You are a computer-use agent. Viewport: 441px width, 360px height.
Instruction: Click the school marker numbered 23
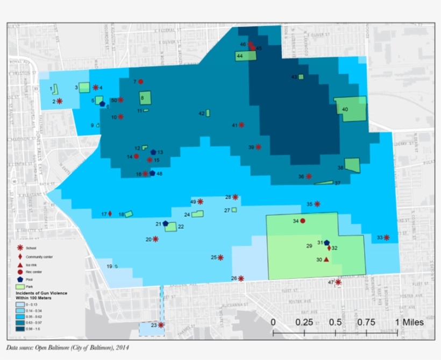(161, 325)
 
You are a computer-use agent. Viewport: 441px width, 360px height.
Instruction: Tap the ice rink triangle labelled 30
(326, 259)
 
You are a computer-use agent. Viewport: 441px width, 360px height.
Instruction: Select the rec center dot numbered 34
(303, 221)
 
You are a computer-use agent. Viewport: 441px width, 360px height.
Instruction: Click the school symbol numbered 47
(338, 282)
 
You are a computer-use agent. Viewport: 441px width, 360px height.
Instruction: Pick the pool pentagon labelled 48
(152, 173)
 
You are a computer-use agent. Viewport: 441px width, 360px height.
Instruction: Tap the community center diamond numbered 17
(110, 214)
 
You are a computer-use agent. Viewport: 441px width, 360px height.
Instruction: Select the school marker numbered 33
(386, 237)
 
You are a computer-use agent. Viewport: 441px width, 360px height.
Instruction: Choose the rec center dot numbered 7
(140, 82)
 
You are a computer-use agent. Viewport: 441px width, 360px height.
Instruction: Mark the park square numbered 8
(145, 98)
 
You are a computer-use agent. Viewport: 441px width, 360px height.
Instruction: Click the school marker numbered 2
(59, 101)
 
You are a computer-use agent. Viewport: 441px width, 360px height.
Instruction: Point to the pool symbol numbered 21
(166, 223)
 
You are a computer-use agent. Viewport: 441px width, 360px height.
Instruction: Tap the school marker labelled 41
(241, 125)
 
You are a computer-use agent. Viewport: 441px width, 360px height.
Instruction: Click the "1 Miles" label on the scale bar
(410, 322)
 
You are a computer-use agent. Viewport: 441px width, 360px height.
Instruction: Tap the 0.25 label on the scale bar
(304, 322)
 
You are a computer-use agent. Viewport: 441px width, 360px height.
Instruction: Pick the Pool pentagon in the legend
(20, 280)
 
